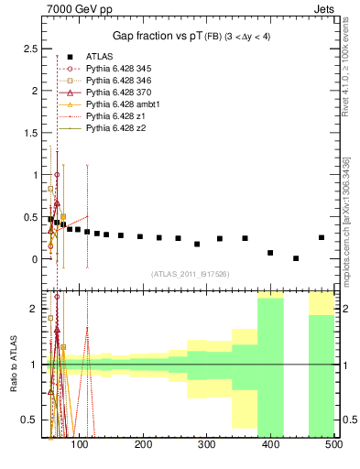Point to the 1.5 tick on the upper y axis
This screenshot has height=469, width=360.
[29, 132]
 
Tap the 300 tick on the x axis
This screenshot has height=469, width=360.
[206, 444]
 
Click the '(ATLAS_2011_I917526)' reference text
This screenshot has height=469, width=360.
[190, 273]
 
